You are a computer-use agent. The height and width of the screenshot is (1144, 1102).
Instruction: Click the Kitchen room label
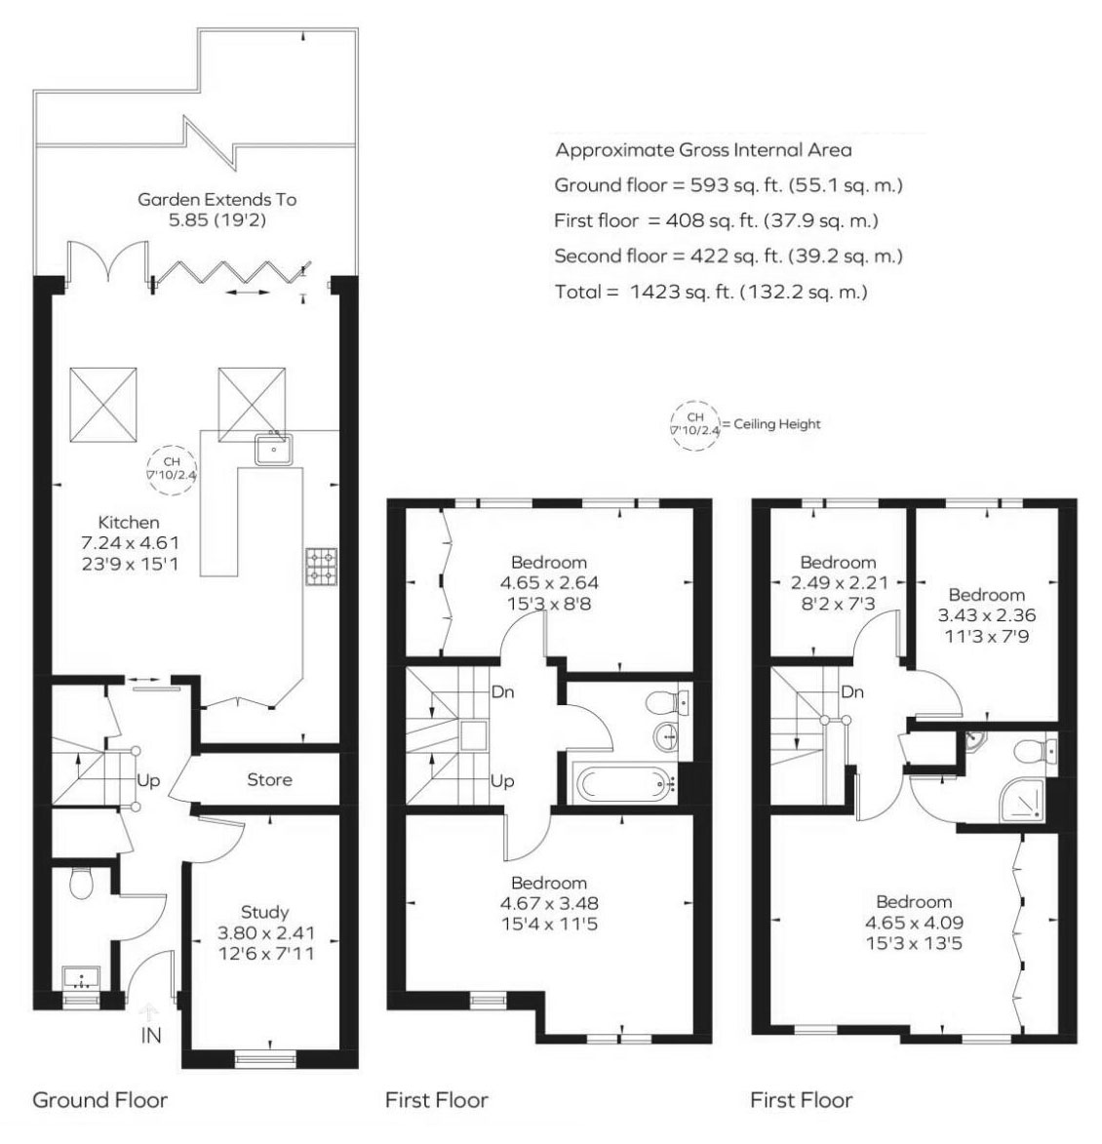click(x=129, y=523)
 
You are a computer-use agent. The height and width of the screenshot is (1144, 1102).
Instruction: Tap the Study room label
click(x=264, y=912)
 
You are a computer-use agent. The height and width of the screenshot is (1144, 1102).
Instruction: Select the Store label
click(x=269, y=780)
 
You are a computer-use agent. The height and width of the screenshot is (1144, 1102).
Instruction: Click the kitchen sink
click(x=273, y=449)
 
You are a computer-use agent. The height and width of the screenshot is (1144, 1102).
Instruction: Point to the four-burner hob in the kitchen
click(x=321, y=567)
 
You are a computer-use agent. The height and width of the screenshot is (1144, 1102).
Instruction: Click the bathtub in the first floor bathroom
click(x=624, y=784)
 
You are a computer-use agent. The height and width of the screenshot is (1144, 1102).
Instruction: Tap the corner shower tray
click(x=1024, y=802)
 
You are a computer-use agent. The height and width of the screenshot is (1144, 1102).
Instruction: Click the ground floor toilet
click(x=81, y=883)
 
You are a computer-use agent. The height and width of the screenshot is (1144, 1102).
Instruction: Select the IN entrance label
click(x=151, y=1036)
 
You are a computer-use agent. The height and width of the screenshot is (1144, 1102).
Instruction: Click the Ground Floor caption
click(x=99, y=1100)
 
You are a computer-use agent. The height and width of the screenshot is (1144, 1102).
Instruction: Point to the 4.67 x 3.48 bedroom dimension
click(x=549, y=903)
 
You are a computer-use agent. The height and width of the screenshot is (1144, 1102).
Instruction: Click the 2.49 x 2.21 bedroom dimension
click(x=840, y=583)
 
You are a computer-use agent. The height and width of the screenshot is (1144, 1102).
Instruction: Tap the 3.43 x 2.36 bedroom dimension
click(x=987, y=615)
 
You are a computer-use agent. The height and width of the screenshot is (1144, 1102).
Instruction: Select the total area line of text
click(x=711, y=293)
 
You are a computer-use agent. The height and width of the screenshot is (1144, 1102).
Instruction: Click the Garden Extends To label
click(x=217, y=199)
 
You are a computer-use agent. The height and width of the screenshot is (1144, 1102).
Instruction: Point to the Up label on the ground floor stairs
click(x=148, y=780)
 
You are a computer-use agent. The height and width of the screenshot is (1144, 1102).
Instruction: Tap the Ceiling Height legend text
click(x=777, y=424)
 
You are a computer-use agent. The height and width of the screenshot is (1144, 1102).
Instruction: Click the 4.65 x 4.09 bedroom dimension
click(x=914, y=923)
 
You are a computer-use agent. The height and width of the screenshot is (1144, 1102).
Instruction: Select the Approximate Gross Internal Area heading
click(x=704, y=150)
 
